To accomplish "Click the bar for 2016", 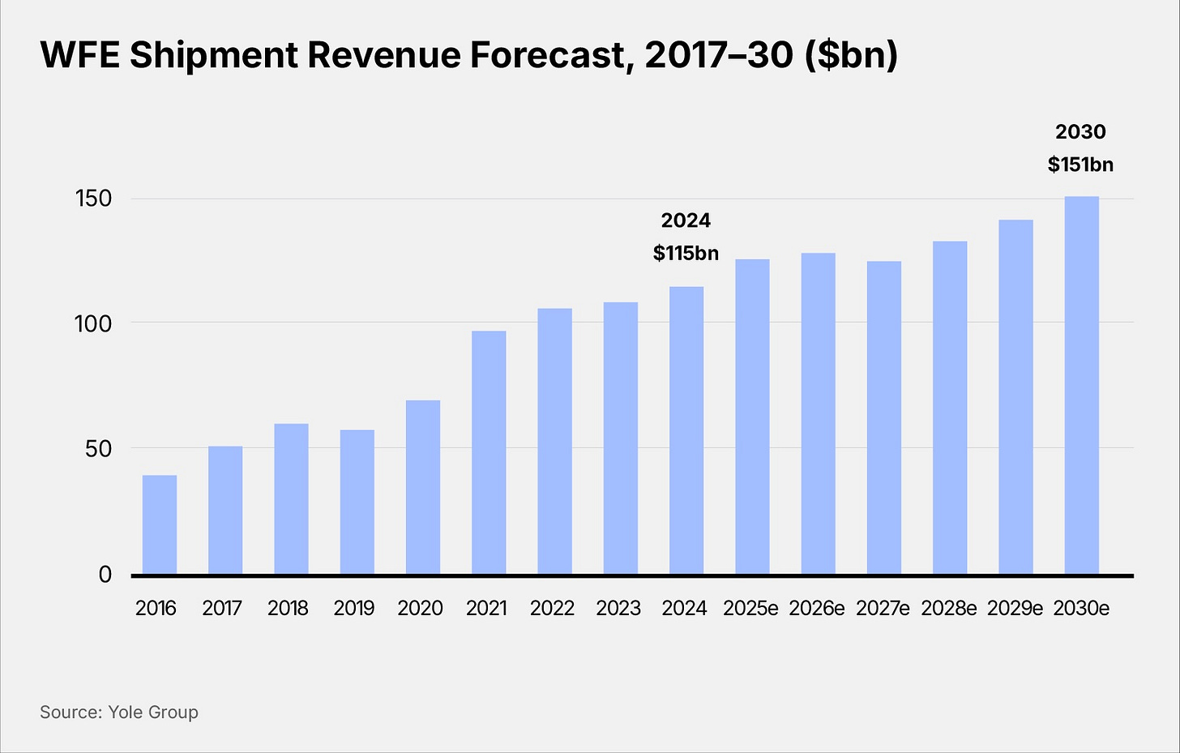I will pyautogui.click(x=160, y=524).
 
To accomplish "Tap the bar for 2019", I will pyautogui.click(x=357, y=502).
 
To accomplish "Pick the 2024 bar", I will pyautogui.click(x=686, y=430).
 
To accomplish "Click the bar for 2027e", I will pyautogui.click(x=883, y=417).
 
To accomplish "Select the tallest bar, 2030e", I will pyautogui.click(x=1081, y=385).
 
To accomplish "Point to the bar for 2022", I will pyautogui.click(x=554, y=441).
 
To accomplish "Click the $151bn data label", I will pyautogui.click(x=1080, y=165).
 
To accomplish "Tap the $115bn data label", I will pyautogui.click(x=686, y=253).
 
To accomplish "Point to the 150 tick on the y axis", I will pyautogui.click(x=93, y=199).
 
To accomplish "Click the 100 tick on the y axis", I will pyautogui.click(x=93, y=323).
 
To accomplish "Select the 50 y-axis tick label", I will pyautogui.click(x=98, y=449).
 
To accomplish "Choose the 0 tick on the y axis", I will pyautogui.click(x=105, y=575).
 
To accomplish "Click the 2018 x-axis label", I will pyautogui.click(x=288, y=608).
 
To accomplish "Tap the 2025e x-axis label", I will pyautogui.click(x=750, y=608).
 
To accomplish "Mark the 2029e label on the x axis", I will pyautogui.click(x=1015, y=608).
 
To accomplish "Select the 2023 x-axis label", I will pyautogui.click(x=618, y=608).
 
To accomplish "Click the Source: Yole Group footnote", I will pyautogui.click(x=119, y=712).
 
